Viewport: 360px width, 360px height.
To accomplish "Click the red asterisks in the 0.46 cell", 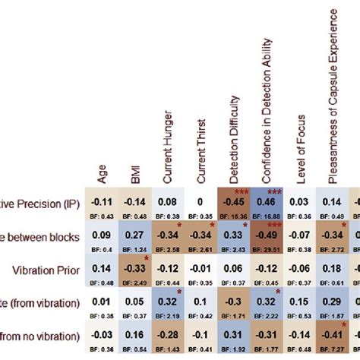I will [x=274, y=191].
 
